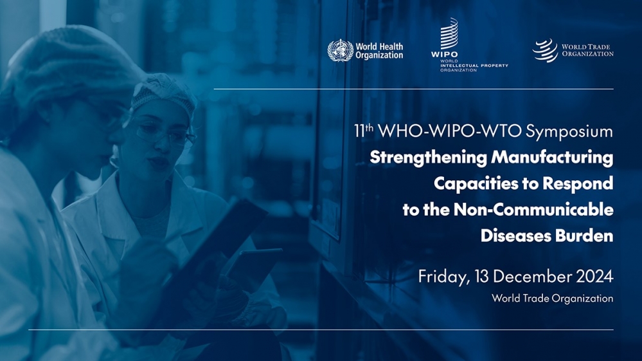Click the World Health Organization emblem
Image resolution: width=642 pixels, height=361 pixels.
[340, 50]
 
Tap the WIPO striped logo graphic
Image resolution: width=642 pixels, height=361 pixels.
[449, 33]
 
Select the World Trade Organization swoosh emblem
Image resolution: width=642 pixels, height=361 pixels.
[545, 50]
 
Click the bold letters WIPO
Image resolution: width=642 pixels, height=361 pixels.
[444, 55]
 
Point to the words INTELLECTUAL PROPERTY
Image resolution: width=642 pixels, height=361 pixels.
[474, 66]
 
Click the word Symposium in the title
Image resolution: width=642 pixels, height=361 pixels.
[569, 131]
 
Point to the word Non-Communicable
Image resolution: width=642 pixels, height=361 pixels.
[533, 210]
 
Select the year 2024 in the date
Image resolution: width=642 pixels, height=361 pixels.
[594, 277]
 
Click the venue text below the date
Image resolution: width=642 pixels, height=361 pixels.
[552, 299]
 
